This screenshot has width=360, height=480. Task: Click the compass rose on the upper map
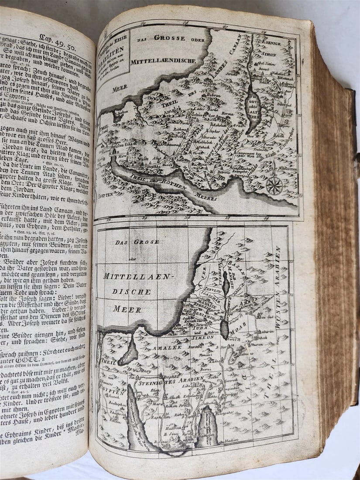click(x=274, y=185)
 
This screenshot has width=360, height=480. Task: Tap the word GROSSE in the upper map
click(x=170, y=38)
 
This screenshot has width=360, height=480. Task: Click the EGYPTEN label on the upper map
click(x=106, y=193)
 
